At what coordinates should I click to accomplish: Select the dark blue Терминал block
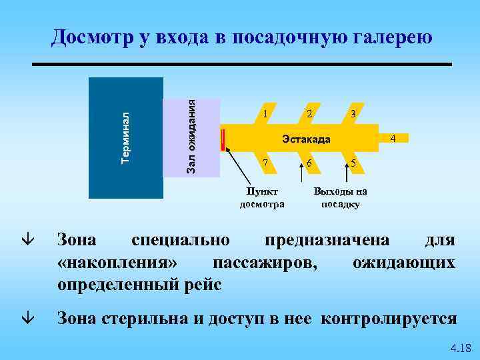(126, 137)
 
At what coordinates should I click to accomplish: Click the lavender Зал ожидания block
(191, 137)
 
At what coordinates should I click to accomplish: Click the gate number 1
(265, 114)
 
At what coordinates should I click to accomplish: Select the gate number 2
(309, 114)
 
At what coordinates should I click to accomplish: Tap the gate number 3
(353, 114)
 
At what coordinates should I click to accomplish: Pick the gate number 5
(353, 163)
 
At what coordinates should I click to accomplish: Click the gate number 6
(309, 163)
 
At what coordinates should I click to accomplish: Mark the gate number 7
(265, 163)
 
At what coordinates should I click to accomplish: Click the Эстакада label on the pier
(305, 139)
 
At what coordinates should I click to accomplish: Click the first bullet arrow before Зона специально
(25, 239)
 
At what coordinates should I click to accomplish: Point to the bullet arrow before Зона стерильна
(25, 319)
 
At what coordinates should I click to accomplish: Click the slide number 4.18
(461, 347)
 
